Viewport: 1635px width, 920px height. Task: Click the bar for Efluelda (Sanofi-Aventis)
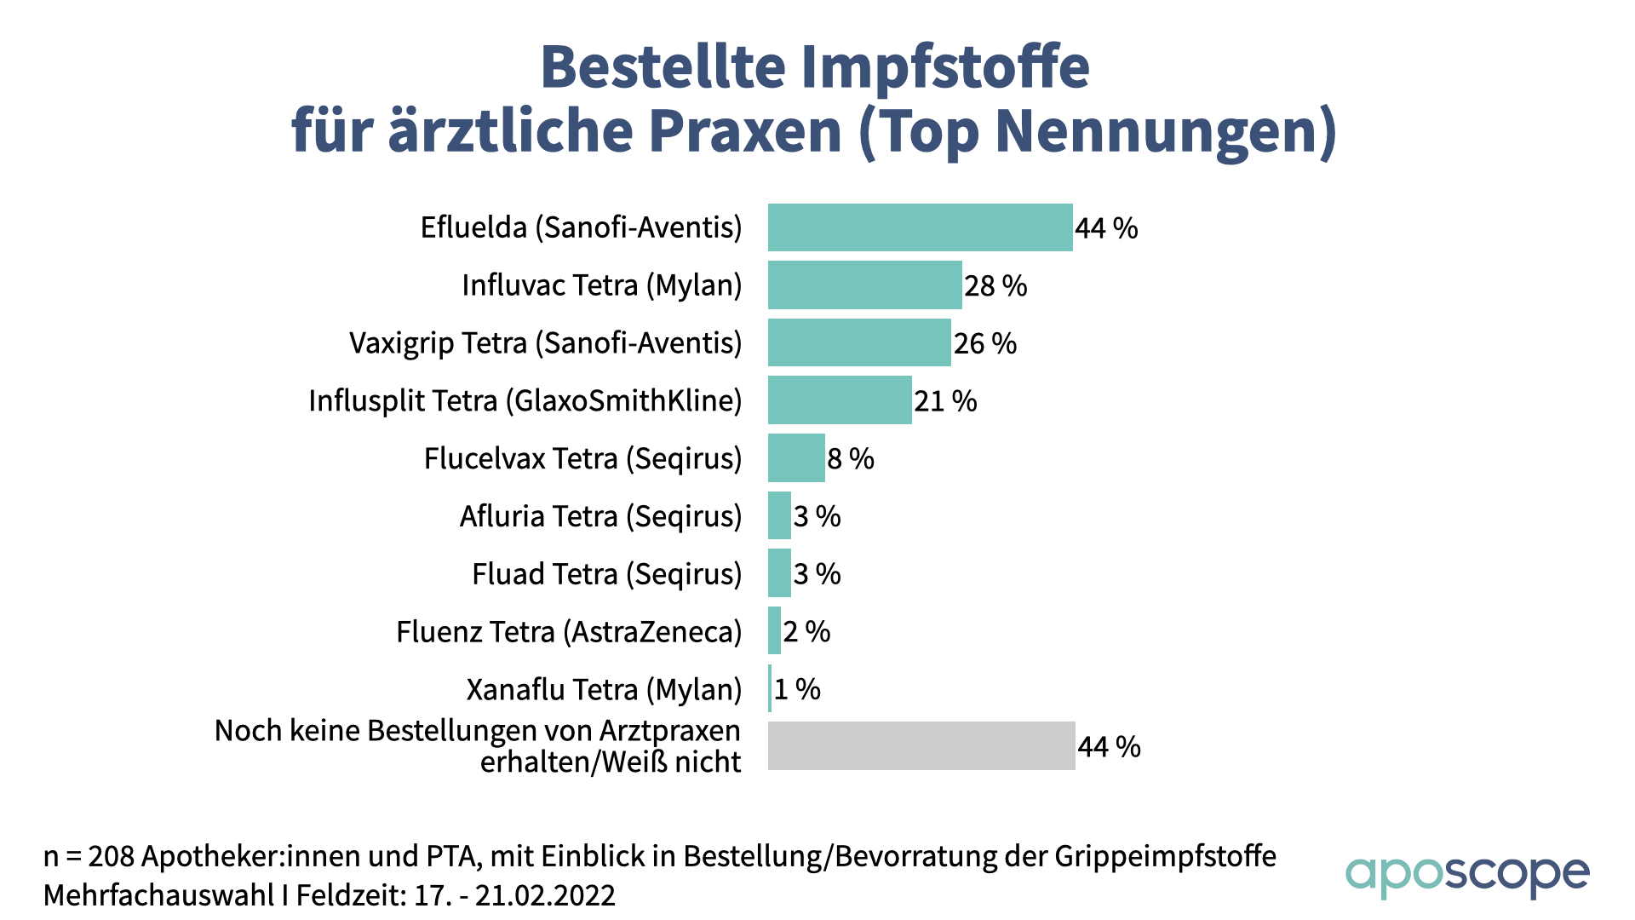click(920, 227)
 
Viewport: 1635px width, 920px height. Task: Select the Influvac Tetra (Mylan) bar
click(864, 285)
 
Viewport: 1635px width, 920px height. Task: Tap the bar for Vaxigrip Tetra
click(858, 342)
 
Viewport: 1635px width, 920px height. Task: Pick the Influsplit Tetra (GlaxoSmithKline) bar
click(840, 400)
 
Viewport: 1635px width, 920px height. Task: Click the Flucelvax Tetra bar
click(796, 458)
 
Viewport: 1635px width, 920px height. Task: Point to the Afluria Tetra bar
click(779, 515)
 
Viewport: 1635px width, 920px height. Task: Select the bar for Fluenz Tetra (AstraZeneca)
click(774, 631)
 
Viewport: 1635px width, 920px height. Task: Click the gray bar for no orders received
click(921, 746)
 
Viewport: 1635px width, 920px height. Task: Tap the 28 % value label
click(995, 286)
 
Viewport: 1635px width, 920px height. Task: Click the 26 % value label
click(985, 343)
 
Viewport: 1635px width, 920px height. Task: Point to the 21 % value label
click(945, 401)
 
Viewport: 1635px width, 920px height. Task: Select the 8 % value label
click(851, 459)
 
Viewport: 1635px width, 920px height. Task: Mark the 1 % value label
click(797, 689)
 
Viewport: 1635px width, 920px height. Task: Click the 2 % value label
click(806, 632)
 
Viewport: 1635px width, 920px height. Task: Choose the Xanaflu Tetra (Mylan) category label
click(604, 689)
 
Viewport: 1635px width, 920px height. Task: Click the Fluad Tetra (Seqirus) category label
click(606, 574)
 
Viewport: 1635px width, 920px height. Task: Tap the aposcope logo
click(1466, 876)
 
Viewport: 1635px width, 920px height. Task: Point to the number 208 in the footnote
click(111, 856)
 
